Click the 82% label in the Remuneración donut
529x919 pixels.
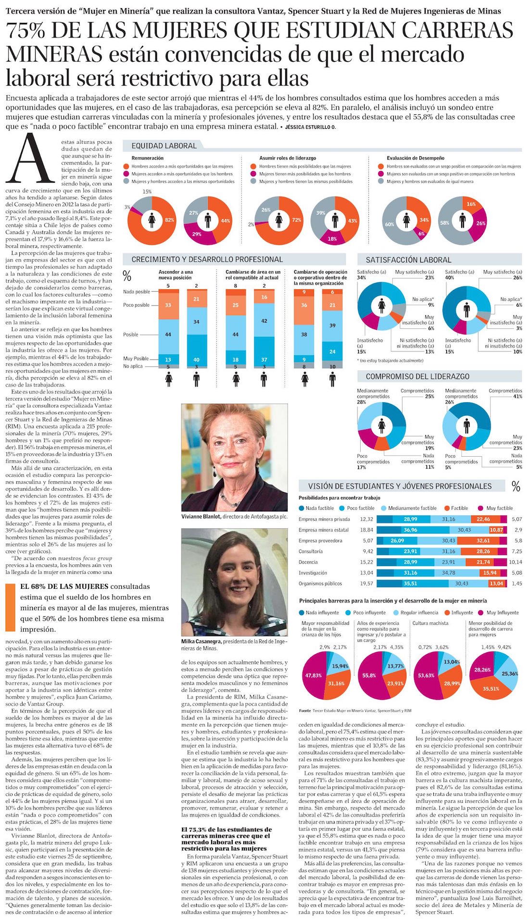click(x=169, y=220)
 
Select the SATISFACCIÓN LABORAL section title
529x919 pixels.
click(x=408, y=260)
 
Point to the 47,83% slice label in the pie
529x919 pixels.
click(x=313, y=675)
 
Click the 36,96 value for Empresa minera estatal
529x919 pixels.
click(x=410, y=530)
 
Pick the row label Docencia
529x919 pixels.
click(x=308, y=562)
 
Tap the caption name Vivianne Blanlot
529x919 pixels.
click(x=201, y=516)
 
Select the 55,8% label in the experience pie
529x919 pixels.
click(x=369, y=675)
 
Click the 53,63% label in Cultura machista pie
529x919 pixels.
click(x=426, y=675)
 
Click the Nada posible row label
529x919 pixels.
click(x=136, y=292)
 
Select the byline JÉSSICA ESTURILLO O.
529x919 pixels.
click(x=310, y=126)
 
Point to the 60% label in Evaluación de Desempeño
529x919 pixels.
click(x=389, y=224)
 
